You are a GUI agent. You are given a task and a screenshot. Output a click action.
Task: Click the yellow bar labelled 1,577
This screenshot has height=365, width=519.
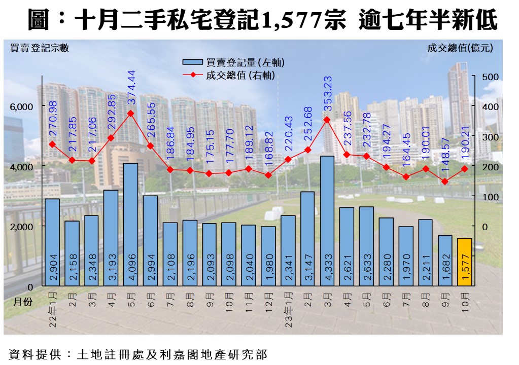[464, 262]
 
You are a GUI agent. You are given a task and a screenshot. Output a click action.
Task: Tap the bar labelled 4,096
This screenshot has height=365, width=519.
[130, 225]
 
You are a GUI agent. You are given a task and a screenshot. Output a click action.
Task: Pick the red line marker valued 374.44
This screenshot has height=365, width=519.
[130, 114]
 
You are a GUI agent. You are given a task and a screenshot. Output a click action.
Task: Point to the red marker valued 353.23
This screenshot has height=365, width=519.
[327, 120]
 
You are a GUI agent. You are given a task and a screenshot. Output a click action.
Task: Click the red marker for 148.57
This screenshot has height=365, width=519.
[444, 181]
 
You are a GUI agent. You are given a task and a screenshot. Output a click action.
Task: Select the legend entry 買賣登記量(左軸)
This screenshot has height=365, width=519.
[234, 62]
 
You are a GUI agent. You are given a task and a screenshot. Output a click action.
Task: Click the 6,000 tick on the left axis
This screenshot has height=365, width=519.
[21, 106]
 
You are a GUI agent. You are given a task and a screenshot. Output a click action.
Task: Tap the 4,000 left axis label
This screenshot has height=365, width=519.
[21, 166]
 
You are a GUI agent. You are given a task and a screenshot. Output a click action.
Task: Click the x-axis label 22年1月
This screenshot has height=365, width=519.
[52, 309]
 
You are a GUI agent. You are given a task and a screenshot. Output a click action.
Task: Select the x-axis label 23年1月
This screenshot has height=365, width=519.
[288, 309]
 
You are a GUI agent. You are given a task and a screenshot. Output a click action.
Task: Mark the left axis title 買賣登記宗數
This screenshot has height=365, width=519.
[40, 49]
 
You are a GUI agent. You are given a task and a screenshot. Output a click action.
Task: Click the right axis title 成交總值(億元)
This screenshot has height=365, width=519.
[460, 49]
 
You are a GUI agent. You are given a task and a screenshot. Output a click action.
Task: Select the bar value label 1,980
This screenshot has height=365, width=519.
[268, 269]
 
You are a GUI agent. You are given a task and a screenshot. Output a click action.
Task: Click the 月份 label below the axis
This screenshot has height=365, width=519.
[22, 301]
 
